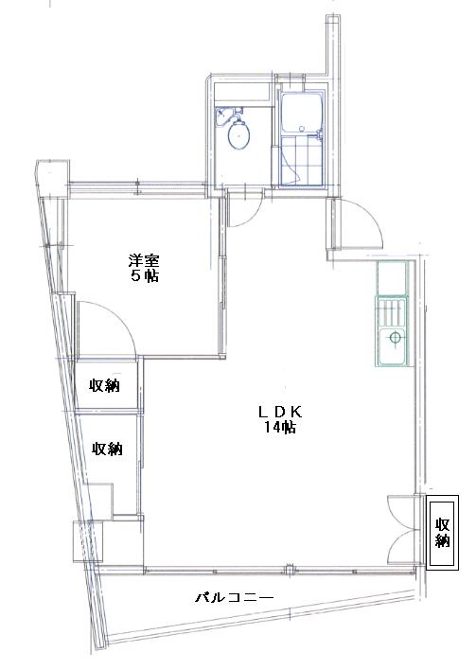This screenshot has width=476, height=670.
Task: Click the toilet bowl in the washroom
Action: (238, 134)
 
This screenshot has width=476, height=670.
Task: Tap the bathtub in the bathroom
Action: (302, 112)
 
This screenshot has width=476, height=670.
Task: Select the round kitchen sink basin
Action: (395, 338)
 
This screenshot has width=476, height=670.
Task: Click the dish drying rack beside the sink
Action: (390, 312)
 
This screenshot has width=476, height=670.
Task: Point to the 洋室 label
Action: (144, 260)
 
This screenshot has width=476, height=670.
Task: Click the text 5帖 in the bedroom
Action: (145, 276)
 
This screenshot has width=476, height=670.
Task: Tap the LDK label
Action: (280, 412)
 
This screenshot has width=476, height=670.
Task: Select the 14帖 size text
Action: (279, 428)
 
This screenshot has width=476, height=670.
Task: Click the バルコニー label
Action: (235, 597)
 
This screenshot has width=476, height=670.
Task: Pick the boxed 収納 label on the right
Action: (443, 533)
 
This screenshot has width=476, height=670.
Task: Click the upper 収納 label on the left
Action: (105, 386)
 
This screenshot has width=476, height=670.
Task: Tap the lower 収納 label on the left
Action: (108, 449)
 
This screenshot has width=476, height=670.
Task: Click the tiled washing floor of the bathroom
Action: (302, 161)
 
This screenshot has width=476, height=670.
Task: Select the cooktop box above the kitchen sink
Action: (392, 278)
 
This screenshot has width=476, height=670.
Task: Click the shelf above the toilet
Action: (242, 92)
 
